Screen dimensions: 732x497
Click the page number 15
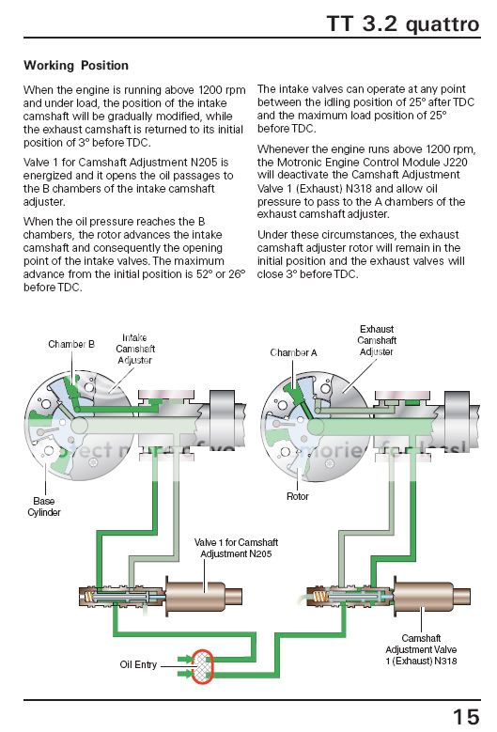[x=465, y=716]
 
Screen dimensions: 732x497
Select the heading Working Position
[x=76, y=66]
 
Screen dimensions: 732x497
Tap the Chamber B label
[x=71, y=345]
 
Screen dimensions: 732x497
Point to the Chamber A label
[x=293, y=352]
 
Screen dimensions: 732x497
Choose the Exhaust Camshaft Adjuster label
[x=376, y=340]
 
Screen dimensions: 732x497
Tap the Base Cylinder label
[x=46, y=507]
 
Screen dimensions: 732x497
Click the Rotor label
[x=297, y=496]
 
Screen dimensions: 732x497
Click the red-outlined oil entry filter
[x=204, y=665]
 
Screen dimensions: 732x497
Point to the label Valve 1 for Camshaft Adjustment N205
[x=235, y=548]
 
